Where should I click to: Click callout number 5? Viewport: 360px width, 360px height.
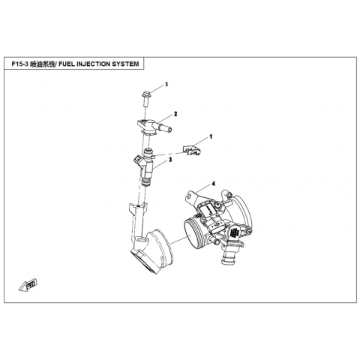click(x=166, y=84)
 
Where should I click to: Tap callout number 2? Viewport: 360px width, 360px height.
click(x=175, y=114)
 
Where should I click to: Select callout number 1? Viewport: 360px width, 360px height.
click(x=211, y=136)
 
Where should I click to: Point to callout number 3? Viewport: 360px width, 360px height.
click(x=170, y=160)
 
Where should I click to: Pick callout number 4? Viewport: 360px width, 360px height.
click(x=213, y=184)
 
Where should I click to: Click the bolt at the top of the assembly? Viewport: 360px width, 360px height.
click(x=145, y=98)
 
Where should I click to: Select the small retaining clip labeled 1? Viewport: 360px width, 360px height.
click(x=192, y=150)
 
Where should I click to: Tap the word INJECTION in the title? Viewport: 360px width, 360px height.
click(x=93, y=64)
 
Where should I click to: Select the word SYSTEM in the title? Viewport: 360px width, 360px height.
click(x=125, y=64)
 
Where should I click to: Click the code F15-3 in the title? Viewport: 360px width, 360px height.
click(x=19, y=64)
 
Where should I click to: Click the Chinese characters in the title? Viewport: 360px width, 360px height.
click(x=42, y=64)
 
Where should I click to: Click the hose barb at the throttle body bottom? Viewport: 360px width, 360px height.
click(x=226, y=256)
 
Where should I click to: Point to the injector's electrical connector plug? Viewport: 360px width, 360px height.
click(x=139, y=160)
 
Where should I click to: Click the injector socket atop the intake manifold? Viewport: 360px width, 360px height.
click(x=138, y=207)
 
